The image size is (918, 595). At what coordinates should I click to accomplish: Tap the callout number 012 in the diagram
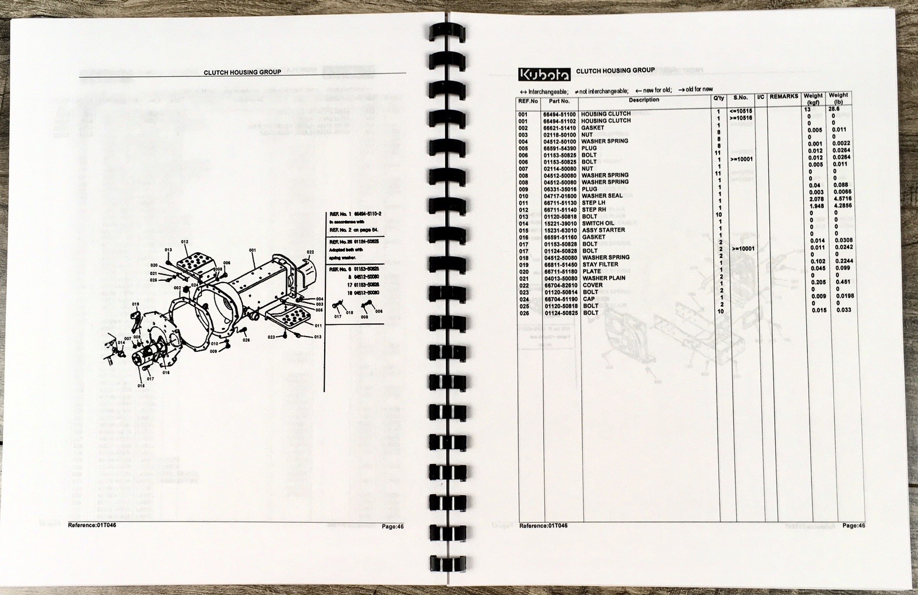coord(184,242)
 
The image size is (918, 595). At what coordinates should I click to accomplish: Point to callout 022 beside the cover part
coord(310,252)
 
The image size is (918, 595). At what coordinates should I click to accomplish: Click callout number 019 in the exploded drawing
coord(135,304)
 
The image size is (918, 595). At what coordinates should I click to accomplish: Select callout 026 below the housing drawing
coord(246,340)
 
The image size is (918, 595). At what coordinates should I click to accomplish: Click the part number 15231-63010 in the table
coord(561,230)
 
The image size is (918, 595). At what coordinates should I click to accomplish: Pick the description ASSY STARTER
coord(603,230)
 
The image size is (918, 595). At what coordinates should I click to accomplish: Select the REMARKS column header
coord(783,97)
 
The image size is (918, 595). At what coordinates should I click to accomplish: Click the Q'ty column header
coord(719,98)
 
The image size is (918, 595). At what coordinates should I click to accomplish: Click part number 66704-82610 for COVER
coord(561,285)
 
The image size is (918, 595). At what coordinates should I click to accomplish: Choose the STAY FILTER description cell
coord(600,265)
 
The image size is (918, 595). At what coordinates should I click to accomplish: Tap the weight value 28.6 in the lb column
coord(838,108)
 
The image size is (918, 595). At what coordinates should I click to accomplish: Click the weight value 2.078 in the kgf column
coord(815,198)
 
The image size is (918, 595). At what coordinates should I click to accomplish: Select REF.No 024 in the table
coord(523,299)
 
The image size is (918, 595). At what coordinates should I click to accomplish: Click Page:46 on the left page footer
coord(393,526)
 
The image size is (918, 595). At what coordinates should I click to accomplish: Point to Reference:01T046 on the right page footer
coord(543,526)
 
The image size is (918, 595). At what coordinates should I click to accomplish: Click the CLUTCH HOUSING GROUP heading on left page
coord(242,72)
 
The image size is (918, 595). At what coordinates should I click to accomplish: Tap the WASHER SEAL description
coord(602,196)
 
